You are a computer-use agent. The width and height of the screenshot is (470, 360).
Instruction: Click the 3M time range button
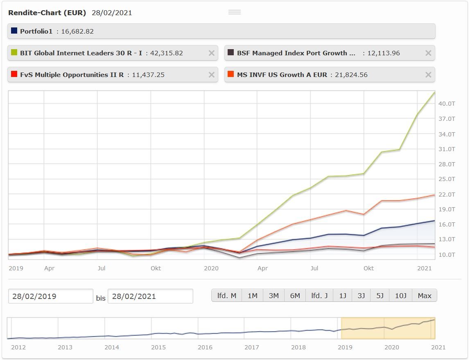point(273,295)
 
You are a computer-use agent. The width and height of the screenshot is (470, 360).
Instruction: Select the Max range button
point(425,295)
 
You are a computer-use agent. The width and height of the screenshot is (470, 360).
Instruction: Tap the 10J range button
point(400,295)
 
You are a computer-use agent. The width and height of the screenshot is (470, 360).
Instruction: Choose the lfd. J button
point(319,295)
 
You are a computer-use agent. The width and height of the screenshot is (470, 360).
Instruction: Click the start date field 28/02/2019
point(50,296)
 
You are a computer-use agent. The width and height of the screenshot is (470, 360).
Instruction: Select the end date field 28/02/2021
point(150,296)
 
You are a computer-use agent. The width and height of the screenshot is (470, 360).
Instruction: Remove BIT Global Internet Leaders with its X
point(211,53)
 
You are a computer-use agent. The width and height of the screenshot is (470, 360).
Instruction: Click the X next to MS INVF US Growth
point(428,75)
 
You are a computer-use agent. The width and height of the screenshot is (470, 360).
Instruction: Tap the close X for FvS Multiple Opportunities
point(211,75)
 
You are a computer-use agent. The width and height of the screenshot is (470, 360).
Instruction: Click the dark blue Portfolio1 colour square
point(14,31)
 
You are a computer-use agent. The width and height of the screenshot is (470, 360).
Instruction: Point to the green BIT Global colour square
point(14,52)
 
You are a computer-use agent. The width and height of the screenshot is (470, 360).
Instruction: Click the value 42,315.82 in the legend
point(167,53)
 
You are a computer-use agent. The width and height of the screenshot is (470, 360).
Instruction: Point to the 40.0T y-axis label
point(447,104)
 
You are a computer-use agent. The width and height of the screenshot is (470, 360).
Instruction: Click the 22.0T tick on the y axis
point(447,194)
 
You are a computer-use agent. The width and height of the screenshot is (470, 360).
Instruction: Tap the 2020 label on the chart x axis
point(211,268)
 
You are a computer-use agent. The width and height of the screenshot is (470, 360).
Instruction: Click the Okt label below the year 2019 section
point(156,268)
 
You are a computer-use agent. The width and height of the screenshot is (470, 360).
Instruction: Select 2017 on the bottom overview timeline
point(252,347)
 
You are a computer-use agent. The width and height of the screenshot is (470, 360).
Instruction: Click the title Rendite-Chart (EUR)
point(47,13)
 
